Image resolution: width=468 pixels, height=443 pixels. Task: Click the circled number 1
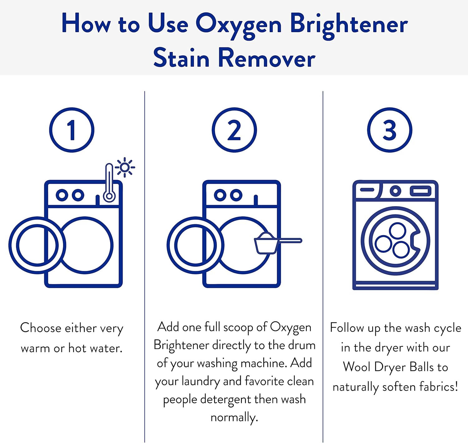pos(72,130)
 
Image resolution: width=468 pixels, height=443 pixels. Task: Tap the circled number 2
pos(234,130)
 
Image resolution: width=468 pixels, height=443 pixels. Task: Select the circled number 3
pos(389,130)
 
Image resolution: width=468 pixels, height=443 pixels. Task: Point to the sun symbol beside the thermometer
pos(125,168)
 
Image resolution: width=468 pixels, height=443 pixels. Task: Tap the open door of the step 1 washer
pos(37,245)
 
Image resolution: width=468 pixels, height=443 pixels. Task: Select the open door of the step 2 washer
pos(195,245)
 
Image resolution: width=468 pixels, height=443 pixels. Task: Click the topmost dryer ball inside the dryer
pos(397,231)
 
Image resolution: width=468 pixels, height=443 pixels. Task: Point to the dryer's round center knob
pos(395,191)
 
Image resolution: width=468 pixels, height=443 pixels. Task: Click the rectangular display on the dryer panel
pos(421,191)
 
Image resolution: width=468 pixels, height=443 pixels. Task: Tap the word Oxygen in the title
pos(238,24)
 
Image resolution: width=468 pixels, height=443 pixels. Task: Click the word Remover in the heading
pos(267,58)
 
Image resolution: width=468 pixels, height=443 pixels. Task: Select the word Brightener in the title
pos(349,24)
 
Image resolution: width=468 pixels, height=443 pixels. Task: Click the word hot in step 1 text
pos(78,348)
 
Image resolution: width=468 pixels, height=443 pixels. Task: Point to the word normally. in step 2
pos(234,417)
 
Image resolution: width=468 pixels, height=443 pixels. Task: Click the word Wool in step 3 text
pos(356,367)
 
